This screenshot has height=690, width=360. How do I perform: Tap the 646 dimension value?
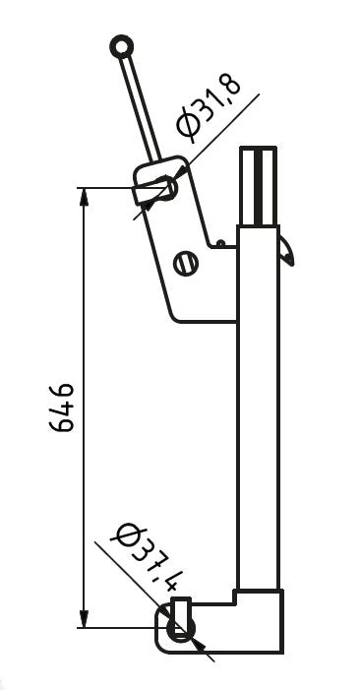pyautogui.click(x=61, y=408)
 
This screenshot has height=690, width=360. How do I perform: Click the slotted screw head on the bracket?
pyautogui.click(x=186, y=265)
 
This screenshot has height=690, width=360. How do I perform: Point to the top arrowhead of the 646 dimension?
pyautogui.click(x=84, y=196)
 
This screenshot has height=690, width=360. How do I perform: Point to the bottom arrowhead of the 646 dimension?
pyautogui.click(x=84, y=619)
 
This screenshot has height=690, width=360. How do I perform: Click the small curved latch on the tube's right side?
pyautogui.click(x=286, y=250)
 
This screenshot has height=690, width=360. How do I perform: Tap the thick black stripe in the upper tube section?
pyautogui.click(x=258, y=187)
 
